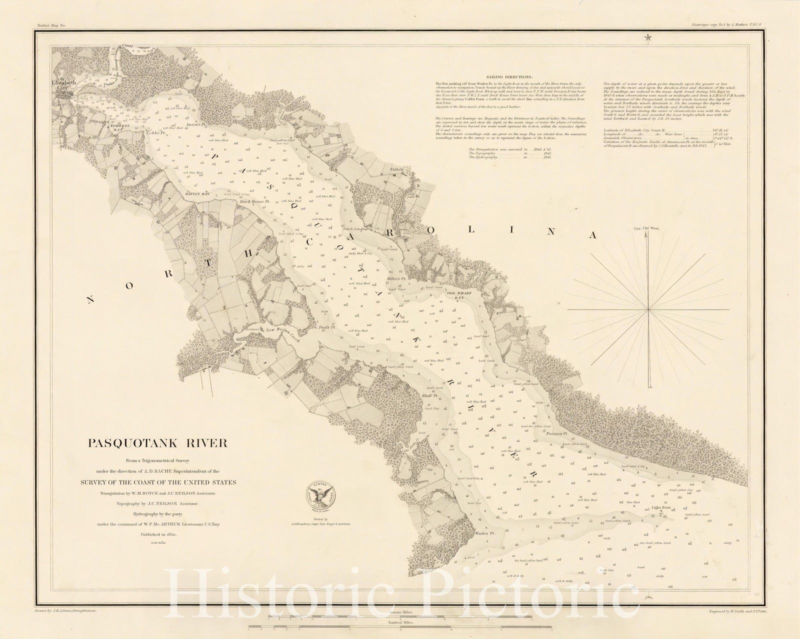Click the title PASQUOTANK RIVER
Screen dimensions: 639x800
(158, 443)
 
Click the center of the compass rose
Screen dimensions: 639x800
(648, 310)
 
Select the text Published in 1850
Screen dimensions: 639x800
(157, 534)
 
